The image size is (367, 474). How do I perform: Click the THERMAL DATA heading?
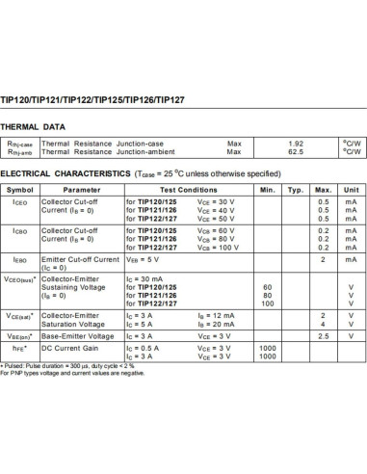tap(33, 126)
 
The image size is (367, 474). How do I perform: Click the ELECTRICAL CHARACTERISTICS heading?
tap(64, 174)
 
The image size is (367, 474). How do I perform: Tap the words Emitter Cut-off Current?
tap(82, 259)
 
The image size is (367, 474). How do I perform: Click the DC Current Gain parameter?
tap(72, 347)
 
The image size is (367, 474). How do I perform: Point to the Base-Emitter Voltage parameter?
tap(80, 335)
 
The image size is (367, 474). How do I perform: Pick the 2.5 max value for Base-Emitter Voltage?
tap(324, 335)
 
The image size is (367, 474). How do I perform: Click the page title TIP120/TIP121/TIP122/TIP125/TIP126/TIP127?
tap(83, 99)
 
